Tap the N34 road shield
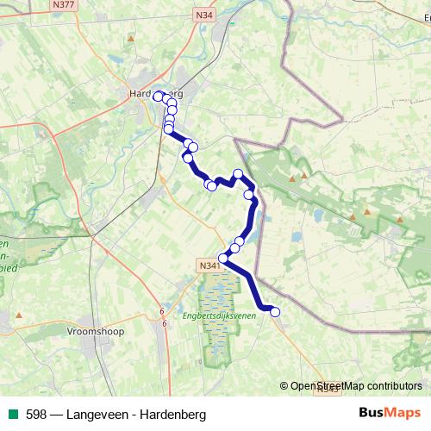coord(203,15)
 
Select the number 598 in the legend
coord(36,415)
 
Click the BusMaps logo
coord(390,413)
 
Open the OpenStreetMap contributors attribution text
coord(356,387)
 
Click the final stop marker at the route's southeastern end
coord(276,312)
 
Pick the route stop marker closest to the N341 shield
coord(223,258)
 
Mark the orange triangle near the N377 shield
coord(130,38)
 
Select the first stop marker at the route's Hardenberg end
coord(159,97)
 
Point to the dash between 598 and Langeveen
coord(56,415)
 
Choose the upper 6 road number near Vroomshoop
coord(161,311)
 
